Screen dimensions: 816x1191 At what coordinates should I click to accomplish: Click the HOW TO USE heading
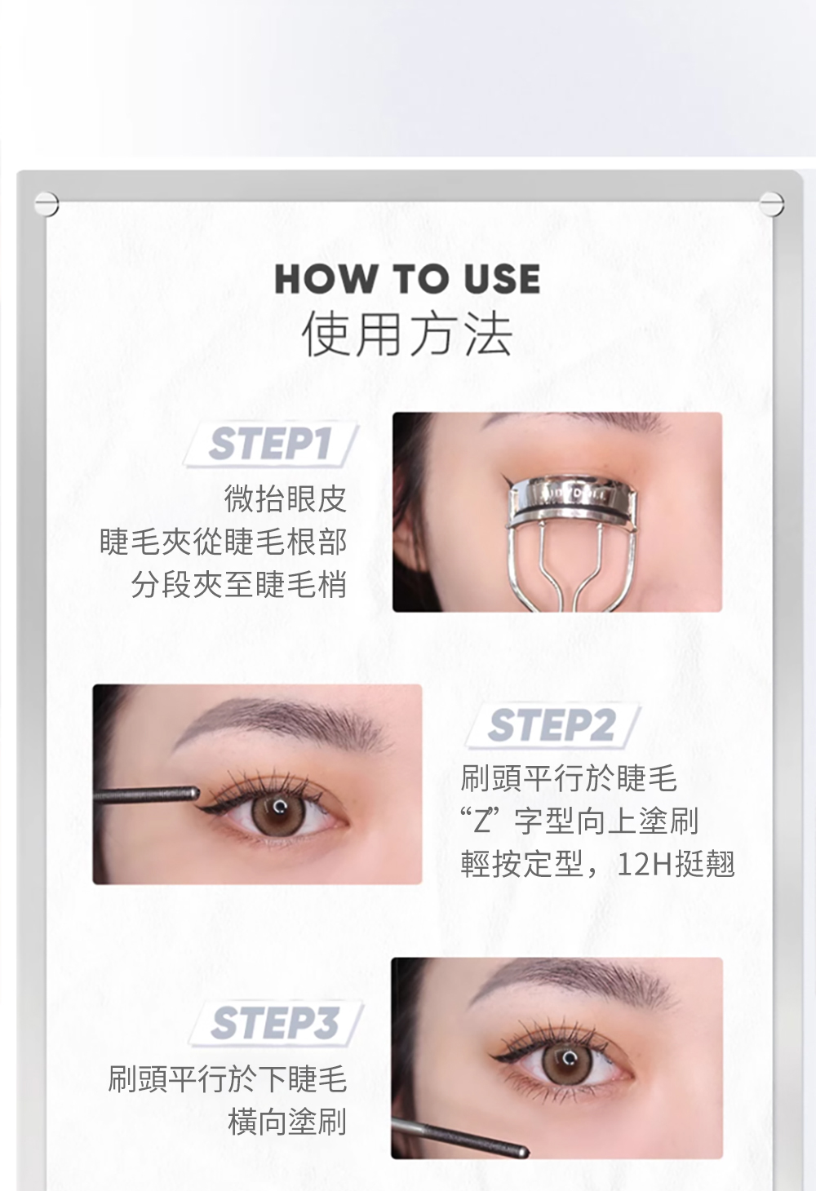coord(407,279)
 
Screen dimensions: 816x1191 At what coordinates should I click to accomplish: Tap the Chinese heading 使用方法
coord(407,334)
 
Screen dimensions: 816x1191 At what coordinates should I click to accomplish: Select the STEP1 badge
coord(271,444)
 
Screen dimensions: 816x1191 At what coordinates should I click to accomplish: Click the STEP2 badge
coord(552,725)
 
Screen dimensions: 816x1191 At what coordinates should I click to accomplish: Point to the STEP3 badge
coord(276,1023)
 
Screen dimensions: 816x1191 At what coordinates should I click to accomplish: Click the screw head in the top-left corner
coord(47,204)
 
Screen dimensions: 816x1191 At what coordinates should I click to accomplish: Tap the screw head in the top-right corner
coord(772,203)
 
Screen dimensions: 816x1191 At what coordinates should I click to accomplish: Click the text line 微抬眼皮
coord(286,498)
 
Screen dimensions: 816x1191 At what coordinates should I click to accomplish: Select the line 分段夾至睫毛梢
coord(239,584)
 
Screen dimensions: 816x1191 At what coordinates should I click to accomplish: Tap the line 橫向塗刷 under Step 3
coord(287,1122)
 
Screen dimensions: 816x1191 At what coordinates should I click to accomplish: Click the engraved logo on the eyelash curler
coord(574,497)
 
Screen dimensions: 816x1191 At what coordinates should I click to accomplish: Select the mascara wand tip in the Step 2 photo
coord(193,794)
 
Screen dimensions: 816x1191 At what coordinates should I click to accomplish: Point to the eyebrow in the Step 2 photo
coord(282,718)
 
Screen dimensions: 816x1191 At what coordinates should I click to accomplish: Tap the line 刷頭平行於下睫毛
coord(228,1078)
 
